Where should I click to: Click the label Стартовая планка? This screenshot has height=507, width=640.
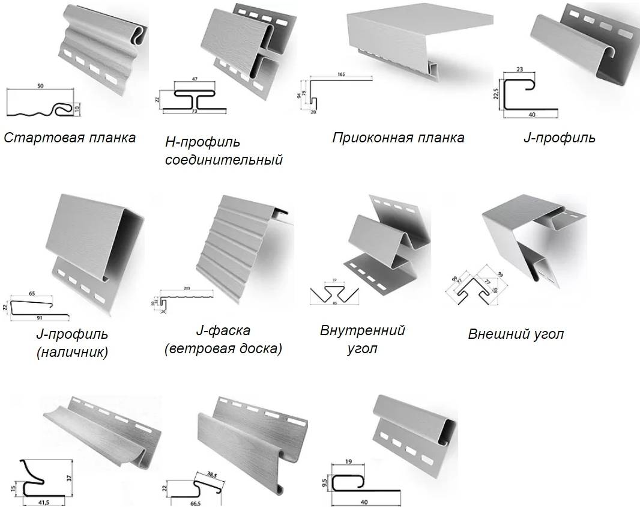(70, 138)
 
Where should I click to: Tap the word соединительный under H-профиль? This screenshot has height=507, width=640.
(223, 160)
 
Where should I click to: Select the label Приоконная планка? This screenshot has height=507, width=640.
(398, 138)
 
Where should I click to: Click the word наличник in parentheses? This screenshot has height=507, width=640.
(72, 352)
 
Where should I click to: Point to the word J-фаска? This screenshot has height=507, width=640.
(223, 330)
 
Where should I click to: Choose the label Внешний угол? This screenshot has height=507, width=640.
(516, 334)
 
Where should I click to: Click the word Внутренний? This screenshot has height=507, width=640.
(362, 330)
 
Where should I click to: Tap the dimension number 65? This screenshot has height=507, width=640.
(32, 294)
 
